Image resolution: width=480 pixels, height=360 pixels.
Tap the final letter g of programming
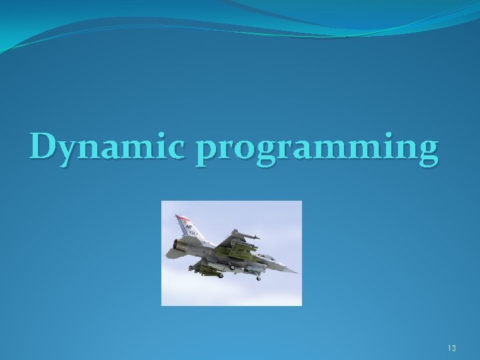427,153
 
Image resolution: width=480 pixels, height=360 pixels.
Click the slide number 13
451,347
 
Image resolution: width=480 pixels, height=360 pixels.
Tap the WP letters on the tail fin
189,227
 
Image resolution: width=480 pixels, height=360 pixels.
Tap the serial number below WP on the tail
191,233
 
